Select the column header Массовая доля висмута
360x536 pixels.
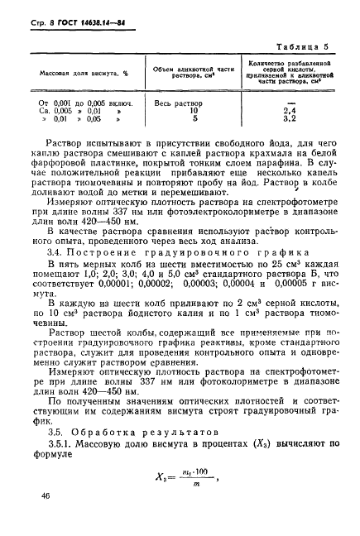tap(79, 73)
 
